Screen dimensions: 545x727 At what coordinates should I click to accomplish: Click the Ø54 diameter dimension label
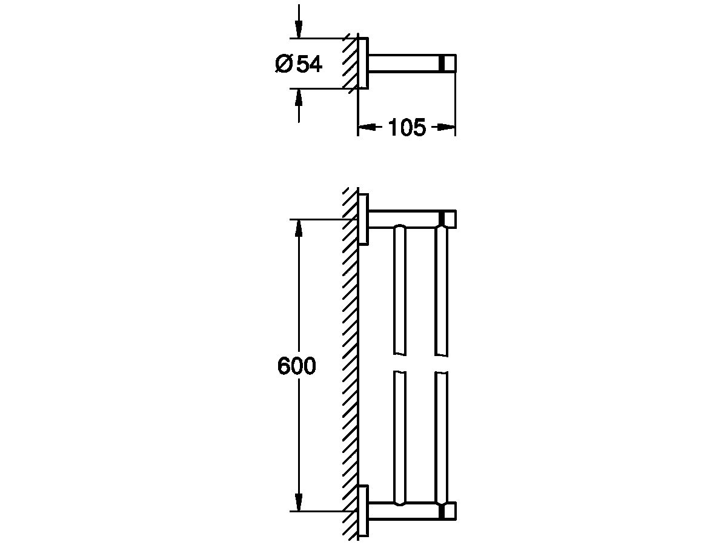(x=299, y=64)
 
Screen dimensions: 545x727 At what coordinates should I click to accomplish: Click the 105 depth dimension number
(x=407, y=128)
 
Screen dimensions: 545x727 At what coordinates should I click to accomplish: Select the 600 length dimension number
(x=297, y=366)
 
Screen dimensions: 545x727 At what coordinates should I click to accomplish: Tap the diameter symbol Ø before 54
(x=284, y=64)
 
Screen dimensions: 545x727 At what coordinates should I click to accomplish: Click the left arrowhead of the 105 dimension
(x=365, y=127)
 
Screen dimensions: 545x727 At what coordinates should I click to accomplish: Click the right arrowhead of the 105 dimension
(x=447, y=127)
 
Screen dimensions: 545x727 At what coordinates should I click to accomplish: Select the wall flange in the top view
(x=362, y=63)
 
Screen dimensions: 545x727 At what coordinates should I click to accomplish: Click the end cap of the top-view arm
(x=449, y=63)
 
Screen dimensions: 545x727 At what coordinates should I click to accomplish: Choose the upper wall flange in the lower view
(x=363, y=219)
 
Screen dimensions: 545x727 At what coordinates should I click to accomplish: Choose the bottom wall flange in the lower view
(x=363, y=511)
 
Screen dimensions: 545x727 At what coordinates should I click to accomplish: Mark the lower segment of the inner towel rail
(x=399, y=436)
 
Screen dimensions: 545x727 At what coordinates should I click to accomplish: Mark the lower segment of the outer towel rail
(x=442, y=436)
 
